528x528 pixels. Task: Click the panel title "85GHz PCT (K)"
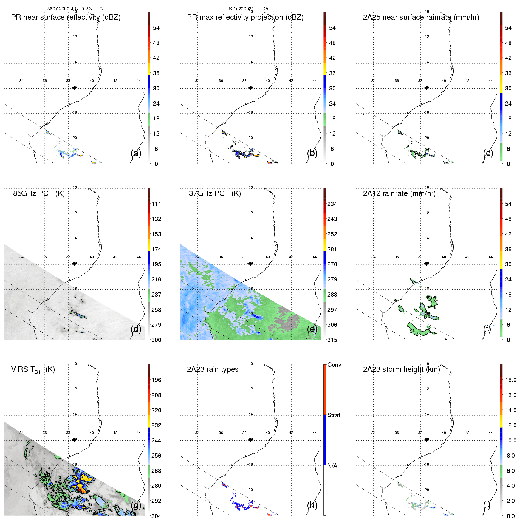pyautogui.click(x=39, y=193)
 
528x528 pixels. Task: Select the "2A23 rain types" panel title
pyautogui.click(x=212, y=369)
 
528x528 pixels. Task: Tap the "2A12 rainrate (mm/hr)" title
pyautogui.click(x=399, y=193)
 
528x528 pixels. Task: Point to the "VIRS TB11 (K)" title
pyautogui.click(x=33, y=370)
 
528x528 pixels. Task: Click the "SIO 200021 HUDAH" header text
pyautogui.click(x=250, y=9)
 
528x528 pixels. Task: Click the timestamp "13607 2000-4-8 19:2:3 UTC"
pyautogui.click(x=74, y=9)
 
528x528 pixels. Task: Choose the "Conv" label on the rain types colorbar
pyautogui.click(x=334, y=365)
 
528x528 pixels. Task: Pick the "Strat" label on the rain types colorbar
pyautogui.click(x=334, y=415)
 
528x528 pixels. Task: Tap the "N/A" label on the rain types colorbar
pyautogui.click(x=332, y=466)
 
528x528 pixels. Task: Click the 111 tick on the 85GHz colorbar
pyautogui.click(x=156, y=204)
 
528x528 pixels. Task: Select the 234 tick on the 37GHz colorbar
pyautogui.click(x=332, y=204)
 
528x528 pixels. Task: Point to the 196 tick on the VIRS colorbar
pyautogui.click(x=156, y=380)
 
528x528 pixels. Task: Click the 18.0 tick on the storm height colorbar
pyautogui.click(x=511, y=380)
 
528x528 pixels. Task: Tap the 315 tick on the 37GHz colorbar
pyautogui.click(x=332, y=340)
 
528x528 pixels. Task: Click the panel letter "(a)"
pyautogui.click(x=136, y=153)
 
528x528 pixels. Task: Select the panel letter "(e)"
pyautogui.click(x=312, y=329)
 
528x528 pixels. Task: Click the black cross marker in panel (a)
pyautogui.click(x=75, y=88)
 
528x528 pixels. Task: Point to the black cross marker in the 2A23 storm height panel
pyautogui.click(x=426, y=440)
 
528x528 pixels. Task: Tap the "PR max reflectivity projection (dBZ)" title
pyautogui.click(x=245, y=17)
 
